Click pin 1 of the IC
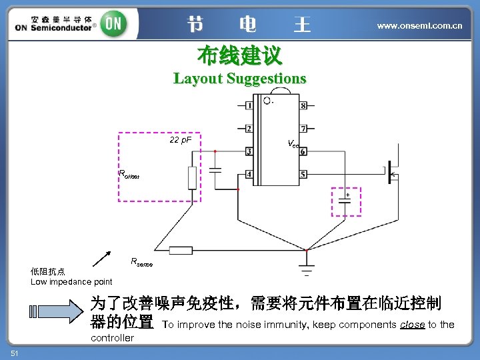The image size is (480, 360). point(249,105)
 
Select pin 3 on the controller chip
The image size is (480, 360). point(249,151)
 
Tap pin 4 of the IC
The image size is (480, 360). point(249,175)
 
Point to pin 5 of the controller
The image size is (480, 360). point(303,175)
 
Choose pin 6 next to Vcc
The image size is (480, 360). point(303,151)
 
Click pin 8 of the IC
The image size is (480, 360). point(303,105)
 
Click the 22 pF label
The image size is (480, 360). point(180,141)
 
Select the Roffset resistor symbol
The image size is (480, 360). point(192,177)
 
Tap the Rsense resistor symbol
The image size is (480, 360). point(181,250)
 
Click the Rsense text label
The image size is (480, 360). point(141,263)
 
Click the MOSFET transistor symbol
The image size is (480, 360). point(389,171)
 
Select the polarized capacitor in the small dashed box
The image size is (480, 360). point(345,200)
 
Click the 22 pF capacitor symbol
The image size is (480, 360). point(215,170)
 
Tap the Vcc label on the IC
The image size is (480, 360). point(293,143)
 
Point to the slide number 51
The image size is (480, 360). point(14,353)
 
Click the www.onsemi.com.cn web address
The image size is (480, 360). point(419,26)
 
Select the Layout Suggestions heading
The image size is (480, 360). point(240,79)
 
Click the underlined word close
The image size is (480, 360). point(413,325)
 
